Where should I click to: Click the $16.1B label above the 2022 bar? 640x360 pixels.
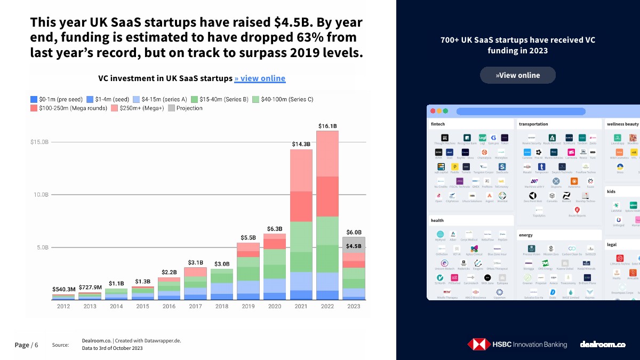click(328, 126)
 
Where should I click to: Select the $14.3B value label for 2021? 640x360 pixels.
click(301, 144)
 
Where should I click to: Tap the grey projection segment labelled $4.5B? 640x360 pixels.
click(354, 246)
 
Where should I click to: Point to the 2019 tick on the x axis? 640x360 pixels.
click(249, 306)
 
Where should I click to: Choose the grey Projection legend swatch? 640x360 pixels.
click(171, 108)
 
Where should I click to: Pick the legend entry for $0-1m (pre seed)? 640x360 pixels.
click(56, 99)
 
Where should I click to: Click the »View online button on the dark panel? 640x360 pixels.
click(517, 75)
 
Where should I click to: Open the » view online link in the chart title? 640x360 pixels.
click(260, 78)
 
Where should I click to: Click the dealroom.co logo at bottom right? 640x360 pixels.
click(602, 345)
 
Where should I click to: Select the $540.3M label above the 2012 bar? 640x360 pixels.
click(63, 289)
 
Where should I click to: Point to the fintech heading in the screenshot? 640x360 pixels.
click(438, 124)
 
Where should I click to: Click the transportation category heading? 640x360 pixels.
click(533, 124)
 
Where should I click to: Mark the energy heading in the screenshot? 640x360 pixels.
click(525, 235)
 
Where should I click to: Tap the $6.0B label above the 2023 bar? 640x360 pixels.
click(354, 232)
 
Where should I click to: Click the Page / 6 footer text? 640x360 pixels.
click(26, 345)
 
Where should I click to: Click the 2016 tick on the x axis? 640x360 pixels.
click(169, 306)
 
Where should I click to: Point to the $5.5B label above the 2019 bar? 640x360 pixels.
click(249, 237)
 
